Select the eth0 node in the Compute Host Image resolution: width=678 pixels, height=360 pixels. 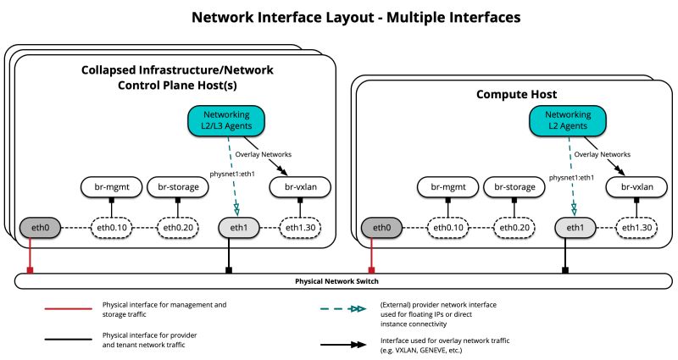[x=381, y=227]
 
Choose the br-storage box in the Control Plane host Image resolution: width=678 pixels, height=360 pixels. [x=177, y=186]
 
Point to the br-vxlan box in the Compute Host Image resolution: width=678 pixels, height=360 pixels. [x=637, y=186]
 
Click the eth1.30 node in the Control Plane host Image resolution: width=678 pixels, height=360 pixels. [x=302, y=227]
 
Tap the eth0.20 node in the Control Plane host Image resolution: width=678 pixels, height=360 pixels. [x=177, y=227]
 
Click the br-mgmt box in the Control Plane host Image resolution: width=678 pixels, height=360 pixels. [x=108, y=186]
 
